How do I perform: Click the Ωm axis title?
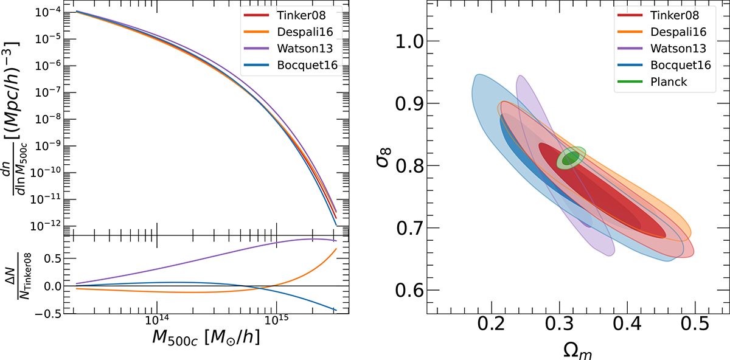click(578, 349)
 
